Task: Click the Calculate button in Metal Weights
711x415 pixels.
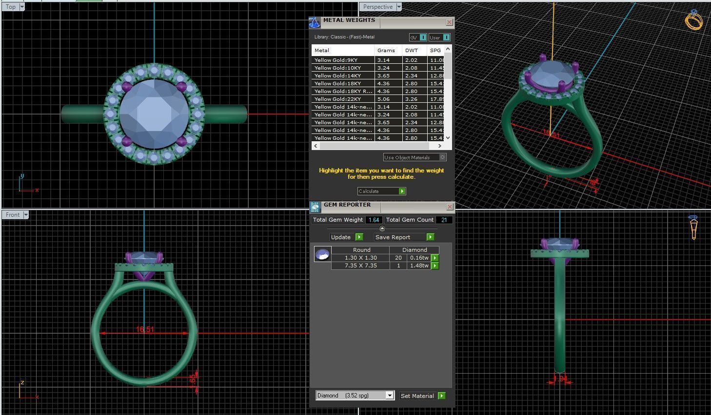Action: pos(381,191)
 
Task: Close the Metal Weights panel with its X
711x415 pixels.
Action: pos(449,22)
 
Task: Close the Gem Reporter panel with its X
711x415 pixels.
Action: pos(449,207)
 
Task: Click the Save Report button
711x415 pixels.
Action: pos(404,237)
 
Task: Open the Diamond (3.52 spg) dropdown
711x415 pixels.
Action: pos(390,396)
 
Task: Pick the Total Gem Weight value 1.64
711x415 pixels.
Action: pos(374,220)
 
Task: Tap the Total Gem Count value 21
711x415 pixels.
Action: pos(444,220)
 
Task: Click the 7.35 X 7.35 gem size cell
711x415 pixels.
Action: pos(360,265)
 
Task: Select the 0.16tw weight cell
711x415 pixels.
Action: pos(419,258)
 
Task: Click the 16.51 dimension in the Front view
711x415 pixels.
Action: pos(145,329)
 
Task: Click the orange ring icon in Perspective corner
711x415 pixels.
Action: pos(693,20)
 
